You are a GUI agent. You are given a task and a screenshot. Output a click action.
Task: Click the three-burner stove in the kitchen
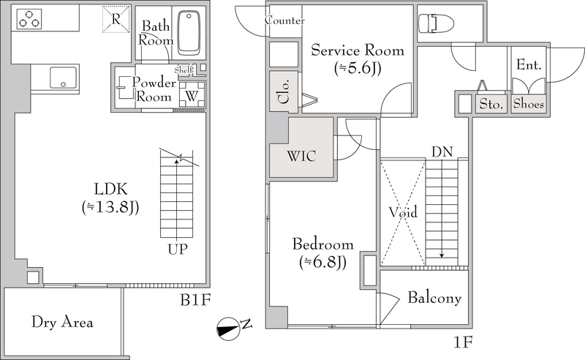29,19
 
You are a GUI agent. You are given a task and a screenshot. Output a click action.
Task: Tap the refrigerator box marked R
116,19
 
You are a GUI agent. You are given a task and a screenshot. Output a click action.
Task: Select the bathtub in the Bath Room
189,33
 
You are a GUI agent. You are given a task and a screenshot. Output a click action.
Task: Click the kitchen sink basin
63,77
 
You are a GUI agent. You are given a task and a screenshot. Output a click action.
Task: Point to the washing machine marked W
192,95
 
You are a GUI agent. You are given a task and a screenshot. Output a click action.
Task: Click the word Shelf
184,70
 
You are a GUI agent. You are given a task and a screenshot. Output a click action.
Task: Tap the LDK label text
111,190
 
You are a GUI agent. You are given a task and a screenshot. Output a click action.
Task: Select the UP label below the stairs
177,249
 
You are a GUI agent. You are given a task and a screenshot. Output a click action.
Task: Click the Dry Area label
62,322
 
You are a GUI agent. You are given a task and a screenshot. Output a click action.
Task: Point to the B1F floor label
195,300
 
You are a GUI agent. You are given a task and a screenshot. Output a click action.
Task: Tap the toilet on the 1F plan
435,23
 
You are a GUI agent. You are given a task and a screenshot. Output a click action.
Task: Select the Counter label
284,20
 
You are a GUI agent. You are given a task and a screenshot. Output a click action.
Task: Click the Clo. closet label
284,92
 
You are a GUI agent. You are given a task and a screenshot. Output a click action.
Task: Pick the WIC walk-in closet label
301,156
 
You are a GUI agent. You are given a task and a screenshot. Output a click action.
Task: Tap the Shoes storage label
528,103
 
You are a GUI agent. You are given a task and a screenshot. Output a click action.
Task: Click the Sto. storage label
491,104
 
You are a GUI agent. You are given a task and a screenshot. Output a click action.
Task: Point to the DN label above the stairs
442,152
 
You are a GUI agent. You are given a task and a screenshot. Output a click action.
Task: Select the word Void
403,212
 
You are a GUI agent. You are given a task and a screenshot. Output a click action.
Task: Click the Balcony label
434,298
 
